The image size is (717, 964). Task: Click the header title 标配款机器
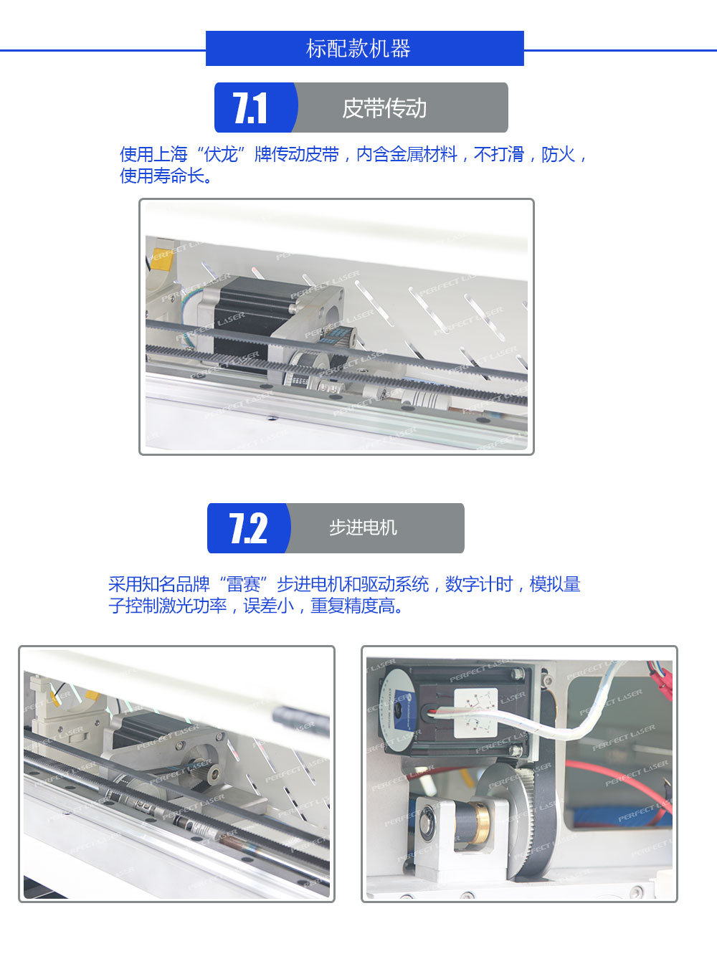coord(358,48)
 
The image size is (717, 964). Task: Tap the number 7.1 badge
coord(250,108)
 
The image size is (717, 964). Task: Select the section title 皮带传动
coord(384,108)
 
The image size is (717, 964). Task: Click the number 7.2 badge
coord(248,528)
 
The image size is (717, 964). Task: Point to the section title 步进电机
coord(363,528)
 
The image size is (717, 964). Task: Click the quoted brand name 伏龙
coord(222,154)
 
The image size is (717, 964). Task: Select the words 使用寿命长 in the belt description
coord(162,176)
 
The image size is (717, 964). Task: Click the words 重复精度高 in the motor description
coord(352,606)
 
